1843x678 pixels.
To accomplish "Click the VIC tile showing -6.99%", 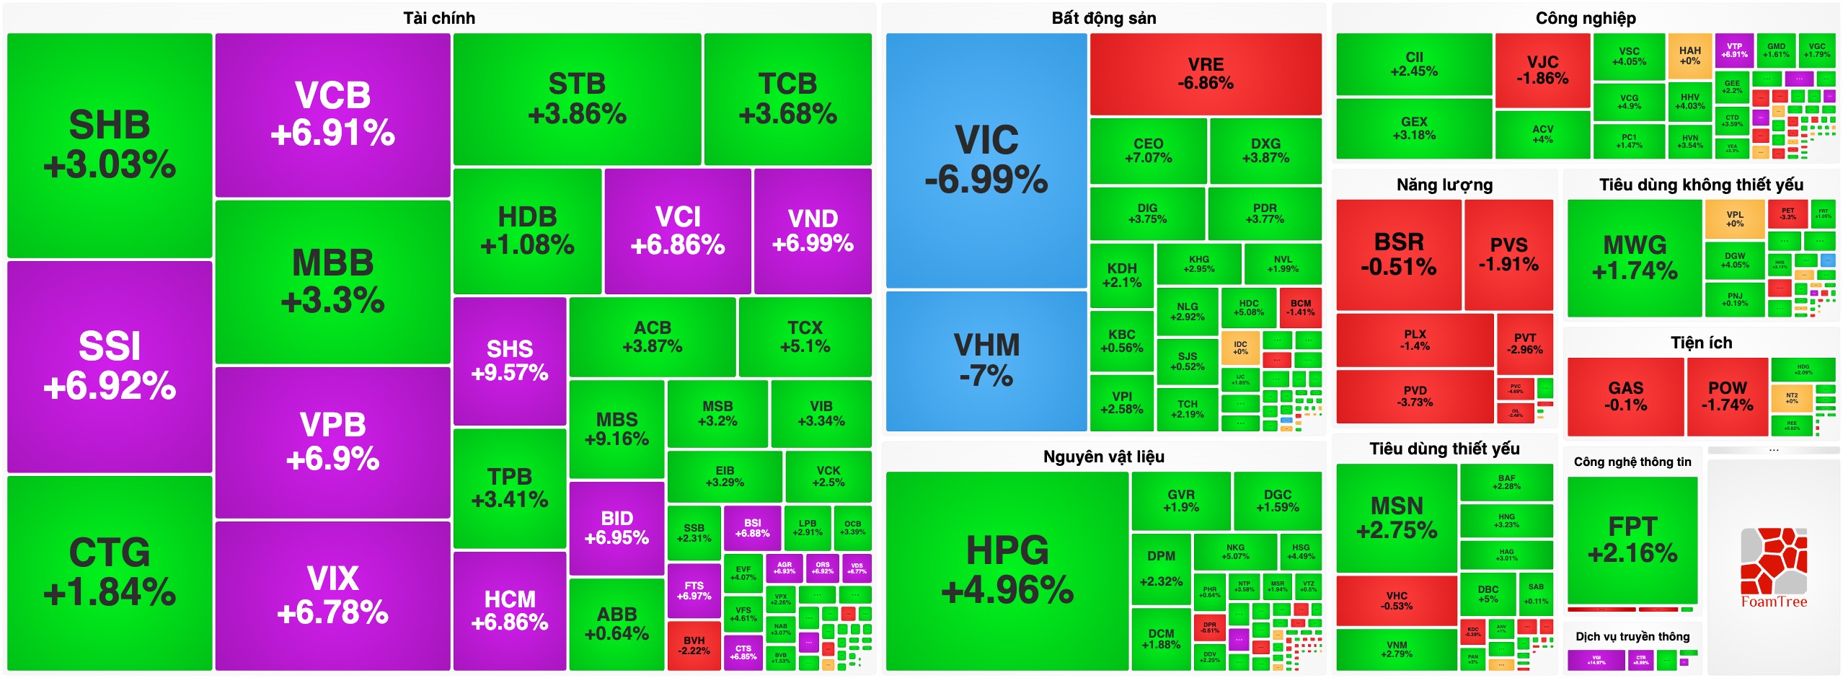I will tap(986, 159).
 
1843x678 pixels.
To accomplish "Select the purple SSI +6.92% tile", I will tap(110, 366).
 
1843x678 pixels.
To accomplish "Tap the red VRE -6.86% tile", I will tap(1206, 74).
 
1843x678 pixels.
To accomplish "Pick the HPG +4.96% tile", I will tap(1007, 570).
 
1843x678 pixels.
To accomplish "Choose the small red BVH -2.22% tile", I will tap(694, 646).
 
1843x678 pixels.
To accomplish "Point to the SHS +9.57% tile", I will tap(510, 361).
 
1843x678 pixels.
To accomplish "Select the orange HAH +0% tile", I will tap(1689, 56).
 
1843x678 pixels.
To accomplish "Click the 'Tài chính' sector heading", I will tap(439, 18).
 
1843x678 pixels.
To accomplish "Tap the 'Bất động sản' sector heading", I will tap(1103, 18).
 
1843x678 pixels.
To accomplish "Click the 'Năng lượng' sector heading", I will tap(1444, 185).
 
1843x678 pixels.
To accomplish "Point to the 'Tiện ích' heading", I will tap(1701, 343).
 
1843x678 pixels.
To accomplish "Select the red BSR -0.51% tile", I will tap(1398, 255).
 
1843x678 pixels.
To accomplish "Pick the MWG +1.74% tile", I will tap(1635, 257).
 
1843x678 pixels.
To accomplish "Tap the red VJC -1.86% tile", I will tap(1542, 70).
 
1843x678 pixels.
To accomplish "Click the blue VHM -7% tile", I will tap(986, 360).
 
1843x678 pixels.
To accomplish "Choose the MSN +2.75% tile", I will tap(1397, 518).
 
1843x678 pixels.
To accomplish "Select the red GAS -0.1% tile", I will tap(1625, 397).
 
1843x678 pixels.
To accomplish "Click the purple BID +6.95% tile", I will tap(616, 528).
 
